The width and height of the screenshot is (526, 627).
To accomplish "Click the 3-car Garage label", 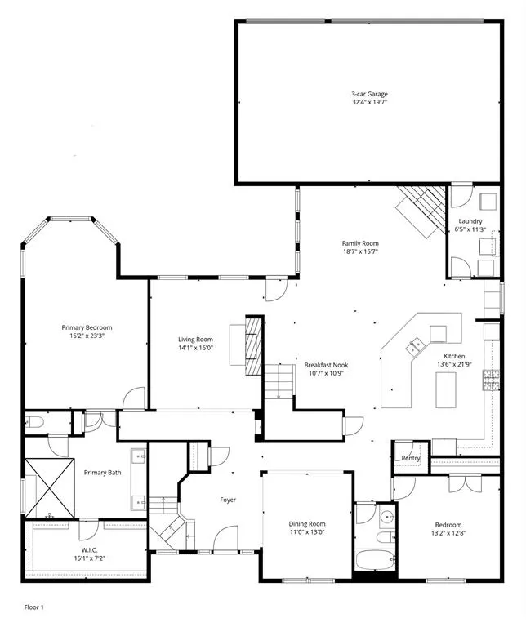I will click(369, 95).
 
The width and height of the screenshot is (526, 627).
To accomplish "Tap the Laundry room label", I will click(470, 221).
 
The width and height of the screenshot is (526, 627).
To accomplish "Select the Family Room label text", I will click(359, 243).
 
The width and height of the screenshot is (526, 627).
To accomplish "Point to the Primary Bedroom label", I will click(87, 327).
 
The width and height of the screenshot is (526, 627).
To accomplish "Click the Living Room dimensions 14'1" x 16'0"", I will click(196, 348).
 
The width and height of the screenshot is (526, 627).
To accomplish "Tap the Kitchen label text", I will click(454, 357).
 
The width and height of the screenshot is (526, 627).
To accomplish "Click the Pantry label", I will click(410, 458).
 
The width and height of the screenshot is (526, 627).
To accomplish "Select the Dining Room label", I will click(306, 524).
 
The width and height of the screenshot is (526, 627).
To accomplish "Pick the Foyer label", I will click(228, 500).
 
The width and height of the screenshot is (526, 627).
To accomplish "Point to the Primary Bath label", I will click(102, 472).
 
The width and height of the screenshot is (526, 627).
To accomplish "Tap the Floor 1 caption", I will click(33, 607).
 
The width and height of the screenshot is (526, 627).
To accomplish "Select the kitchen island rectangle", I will click(446, 389).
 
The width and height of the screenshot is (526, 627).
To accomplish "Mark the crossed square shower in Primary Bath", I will click(49, 487).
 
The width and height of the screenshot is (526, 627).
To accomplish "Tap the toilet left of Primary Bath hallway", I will click(35, 422).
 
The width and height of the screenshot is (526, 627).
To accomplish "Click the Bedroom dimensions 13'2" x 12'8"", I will click(448, 534).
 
